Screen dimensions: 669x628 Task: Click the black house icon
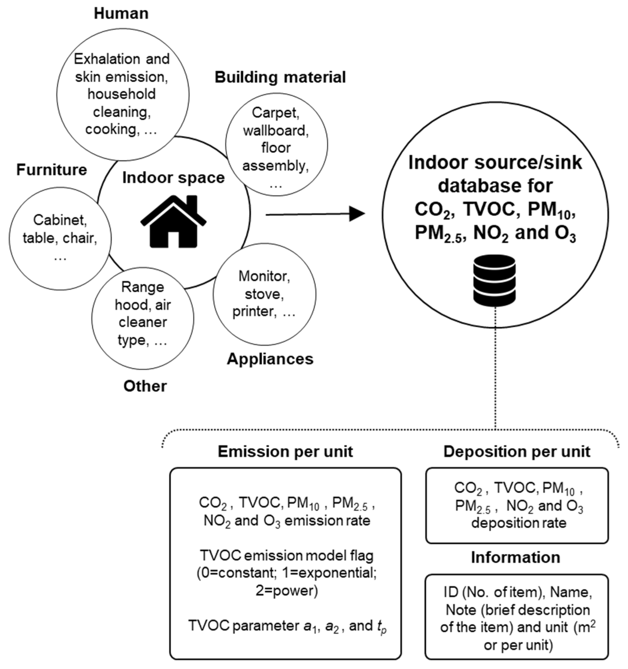pos(173,222)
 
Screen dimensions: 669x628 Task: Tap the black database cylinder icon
pos(494,280)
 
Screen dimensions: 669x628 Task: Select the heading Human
pos(121,14)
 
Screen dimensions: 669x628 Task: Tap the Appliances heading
pos(270,359)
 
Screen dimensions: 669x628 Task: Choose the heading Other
pos(145,386)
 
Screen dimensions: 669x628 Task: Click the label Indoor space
pos(173,178)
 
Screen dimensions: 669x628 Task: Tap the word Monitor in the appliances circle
pos(264,276)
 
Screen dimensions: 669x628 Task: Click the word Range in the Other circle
pos(143,287)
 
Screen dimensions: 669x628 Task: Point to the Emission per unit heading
pos(285,451)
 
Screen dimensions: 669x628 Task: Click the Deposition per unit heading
pos(517,451)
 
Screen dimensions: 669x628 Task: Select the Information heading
pos(515,557)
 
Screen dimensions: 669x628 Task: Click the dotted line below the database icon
pos(495,370)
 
